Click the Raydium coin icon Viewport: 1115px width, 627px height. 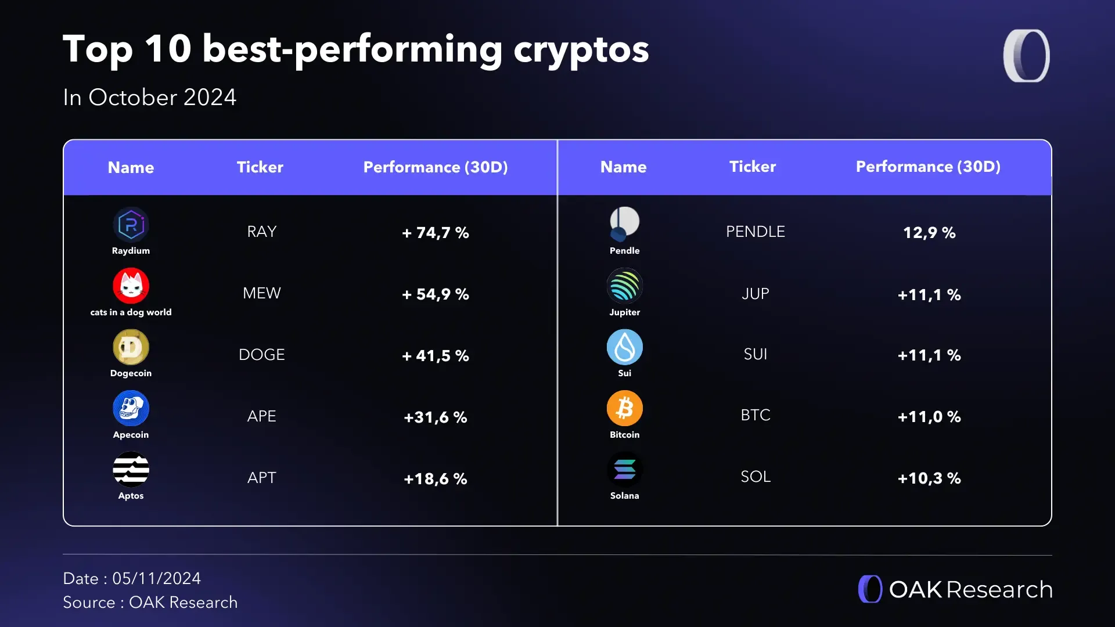(x=131, y=225)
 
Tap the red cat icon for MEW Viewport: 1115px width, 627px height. (x=131, y=286)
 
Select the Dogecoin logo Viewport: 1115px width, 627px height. (x=131, y=347)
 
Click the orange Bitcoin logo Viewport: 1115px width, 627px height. (x=624, y=408)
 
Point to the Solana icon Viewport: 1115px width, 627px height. (x=624, y=470)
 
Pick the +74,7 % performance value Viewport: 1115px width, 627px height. (x=436, y=233)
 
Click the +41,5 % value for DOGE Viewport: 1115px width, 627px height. (x=436, y=356)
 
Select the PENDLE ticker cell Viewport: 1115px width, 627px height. (x=755, y=232)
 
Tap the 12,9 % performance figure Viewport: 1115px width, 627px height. (x=929, y=233)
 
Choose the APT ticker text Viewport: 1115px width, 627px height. (x=261, y=478)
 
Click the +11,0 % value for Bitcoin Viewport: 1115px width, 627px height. (x=929, y=417)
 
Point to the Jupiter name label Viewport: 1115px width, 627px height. (x=624, y=312)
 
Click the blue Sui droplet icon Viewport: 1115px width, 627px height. (x=624, y=347)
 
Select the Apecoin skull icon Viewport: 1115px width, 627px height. (x=131, y=408)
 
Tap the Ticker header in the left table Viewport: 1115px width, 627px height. (x=260, y=167)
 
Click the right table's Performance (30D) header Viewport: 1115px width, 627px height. (x=928, y=167)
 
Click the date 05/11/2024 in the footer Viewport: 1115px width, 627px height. (x=156, y=578)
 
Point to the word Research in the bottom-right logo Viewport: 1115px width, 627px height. (x=999, y=589)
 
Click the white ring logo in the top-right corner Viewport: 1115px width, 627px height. (x=1026, y=56)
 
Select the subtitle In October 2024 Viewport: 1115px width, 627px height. (x=149, y=97)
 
